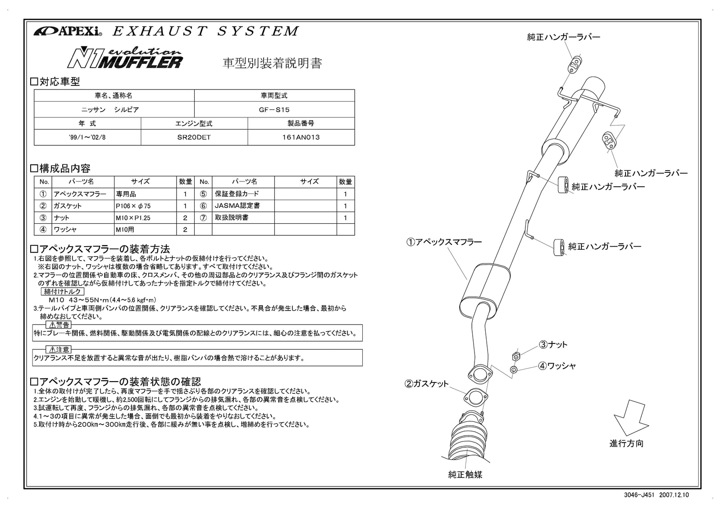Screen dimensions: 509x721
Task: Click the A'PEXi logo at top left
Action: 68,32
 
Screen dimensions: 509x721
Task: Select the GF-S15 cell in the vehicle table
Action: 274,109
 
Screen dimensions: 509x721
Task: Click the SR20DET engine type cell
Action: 194,137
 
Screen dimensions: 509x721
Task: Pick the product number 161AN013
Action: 301,137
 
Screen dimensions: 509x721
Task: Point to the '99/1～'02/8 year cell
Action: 87,137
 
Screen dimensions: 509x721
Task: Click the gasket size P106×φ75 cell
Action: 146,206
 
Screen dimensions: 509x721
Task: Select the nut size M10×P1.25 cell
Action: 146,217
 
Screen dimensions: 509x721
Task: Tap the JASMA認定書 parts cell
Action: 243,206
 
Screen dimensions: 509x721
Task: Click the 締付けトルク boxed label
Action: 63,292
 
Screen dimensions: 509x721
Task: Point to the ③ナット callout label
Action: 553,345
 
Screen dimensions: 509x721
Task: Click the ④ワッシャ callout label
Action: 557,366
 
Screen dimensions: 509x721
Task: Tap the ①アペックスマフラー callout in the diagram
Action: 444,242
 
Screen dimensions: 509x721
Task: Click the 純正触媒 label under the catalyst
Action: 465,474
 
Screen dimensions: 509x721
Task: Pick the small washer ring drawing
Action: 513,370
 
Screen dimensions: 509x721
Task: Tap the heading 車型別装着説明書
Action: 273,63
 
